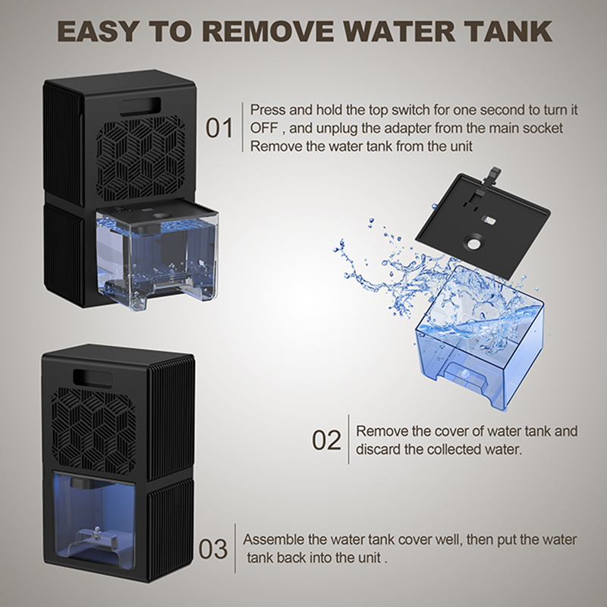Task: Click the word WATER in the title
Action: point(400,31)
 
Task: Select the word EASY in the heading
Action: point(97,31)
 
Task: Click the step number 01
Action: point(219,128)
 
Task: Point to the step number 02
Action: point(326,440)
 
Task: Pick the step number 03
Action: point(213,549)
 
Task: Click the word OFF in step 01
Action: point(264,127)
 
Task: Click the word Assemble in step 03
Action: point(273,539)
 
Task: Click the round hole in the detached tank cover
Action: point(473,244)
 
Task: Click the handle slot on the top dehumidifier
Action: point(140,107)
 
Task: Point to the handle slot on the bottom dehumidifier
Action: point(93,379)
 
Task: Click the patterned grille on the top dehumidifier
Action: point(140,159)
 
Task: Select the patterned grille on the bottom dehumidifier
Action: point(93,430)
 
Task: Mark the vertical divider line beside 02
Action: point(348,439)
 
